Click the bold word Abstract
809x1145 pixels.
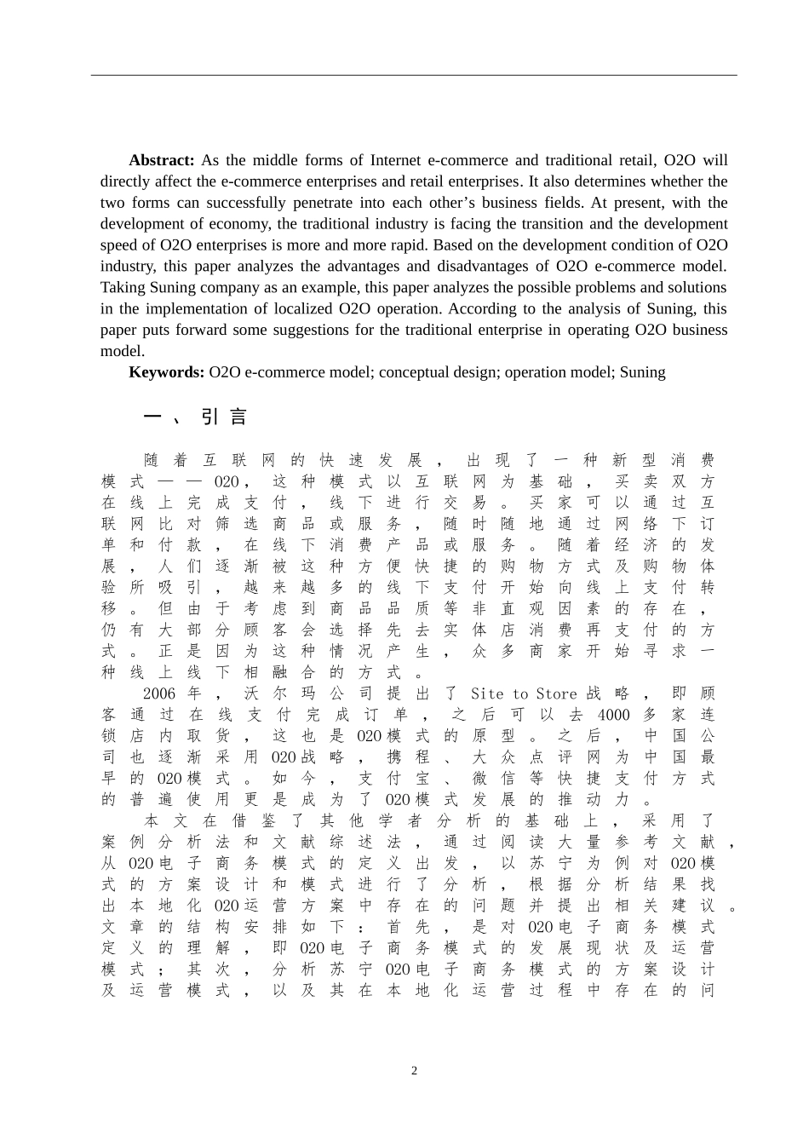(162, 160)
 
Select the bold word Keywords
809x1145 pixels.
(167, 371)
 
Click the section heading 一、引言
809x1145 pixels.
(195, 417)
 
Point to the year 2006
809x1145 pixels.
(159, 694)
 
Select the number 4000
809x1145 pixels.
(613, 715)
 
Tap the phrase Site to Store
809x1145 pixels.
(524, 694)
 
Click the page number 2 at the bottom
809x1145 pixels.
(415, 1071)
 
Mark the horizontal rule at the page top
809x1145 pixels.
(414, 76)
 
